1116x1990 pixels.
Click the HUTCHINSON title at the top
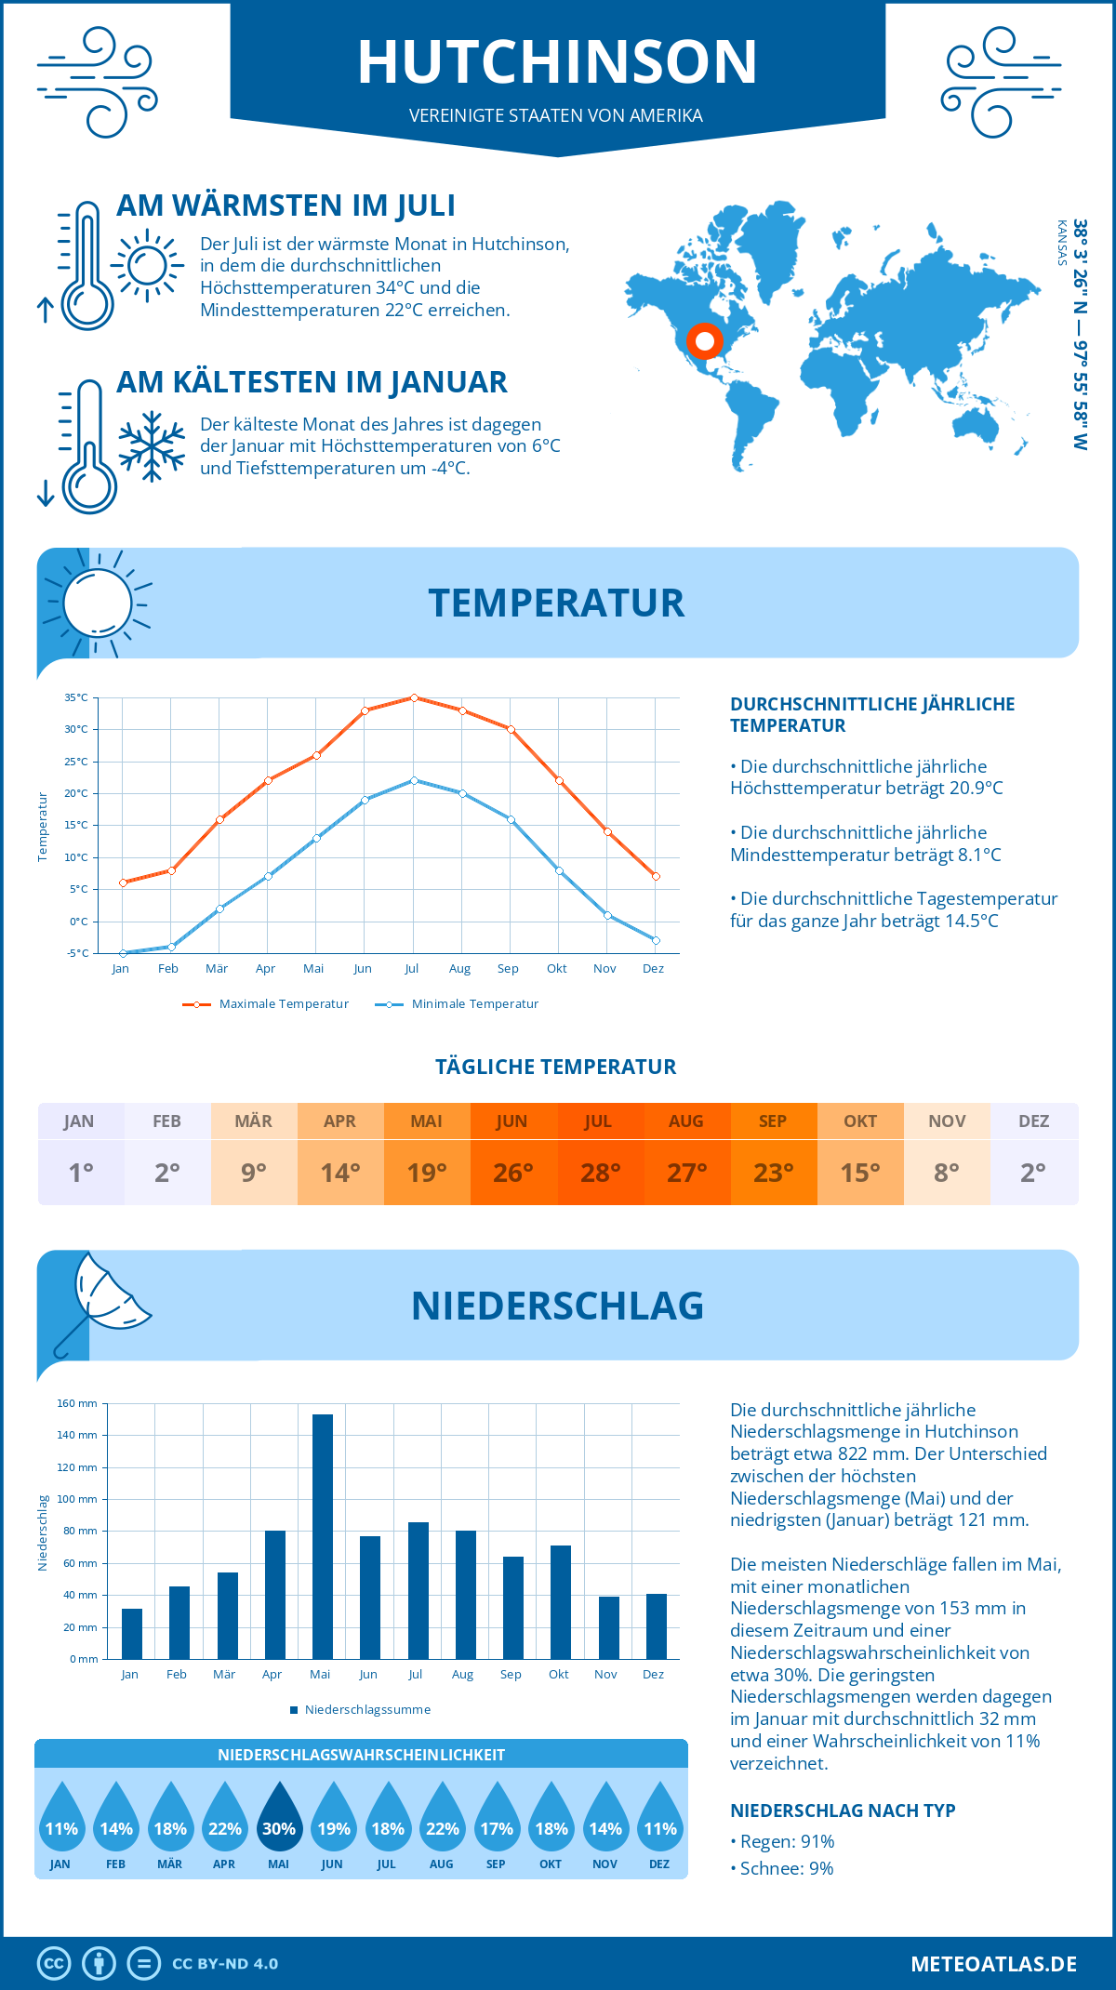(x=557, y=62)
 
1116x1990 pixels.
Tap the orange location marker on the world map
(x=705, y=341)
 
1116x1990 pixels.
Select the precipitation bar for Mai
(x=322, y=1535)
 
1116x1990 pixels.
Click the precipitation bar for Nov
(x=608, y=1626)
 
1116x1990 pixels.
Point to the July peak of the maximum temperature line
(x=414, y=697)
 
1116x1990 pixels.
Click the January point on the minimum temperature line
(x=123, y=953)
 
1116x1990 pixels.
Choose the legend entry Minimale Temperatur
(x=474, y=1003)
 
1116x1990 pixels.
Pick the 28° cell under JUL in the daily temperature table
(x=600, y=1173)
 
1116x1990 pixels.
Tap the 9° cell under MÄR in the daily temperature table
(x=254, y=1173)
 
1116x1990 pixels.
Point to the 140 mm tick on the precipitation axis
(x=77, y=1435)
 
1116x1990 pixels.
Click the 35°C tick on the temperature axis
(x=76, y=697)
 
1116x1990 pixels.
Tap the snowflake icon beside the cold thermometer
(x=152, y=446)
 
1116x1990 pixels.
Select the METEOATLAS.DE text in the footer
(x=993, y=1963)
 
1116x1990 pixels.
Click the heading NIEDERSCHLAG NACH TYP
(x=843, y=1811)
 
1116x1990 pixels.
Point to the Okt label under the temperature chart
(x=556, y=968)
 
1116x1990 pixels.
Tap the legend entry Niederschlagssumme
(x=366, y=1709)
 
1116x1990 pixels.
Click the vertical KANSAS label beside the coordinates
(x=1061, y=243)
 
